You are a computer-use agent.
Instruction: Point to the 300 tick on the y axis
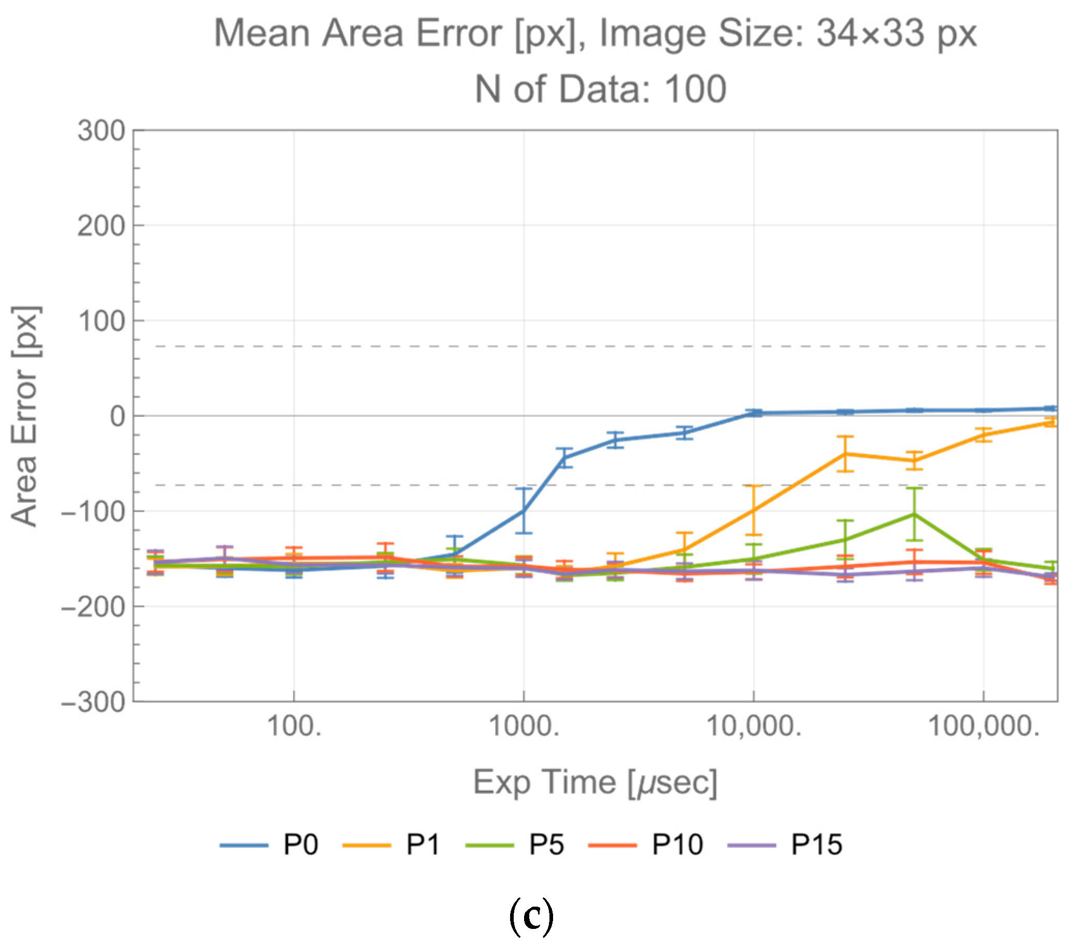coord(102,130)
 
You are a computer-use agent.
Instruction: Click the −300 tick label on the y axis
coord(93,702)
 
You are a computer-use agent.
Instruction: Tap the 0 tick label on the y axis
coord(118,416)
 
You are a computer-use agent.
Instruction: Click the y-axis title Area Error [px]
coord(25,416)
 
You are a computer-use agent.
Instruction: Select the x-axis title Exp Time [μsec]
coord(595,783)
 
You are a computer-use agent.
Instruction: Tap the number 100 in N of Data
coord(694,89)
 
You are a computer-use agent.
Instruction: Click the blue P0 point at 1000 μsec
coord(524,510)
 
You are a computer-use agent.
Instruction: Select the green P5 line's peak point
coord(914,514)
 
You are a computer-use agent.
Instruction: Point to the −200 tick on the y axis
coord(93,607)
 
